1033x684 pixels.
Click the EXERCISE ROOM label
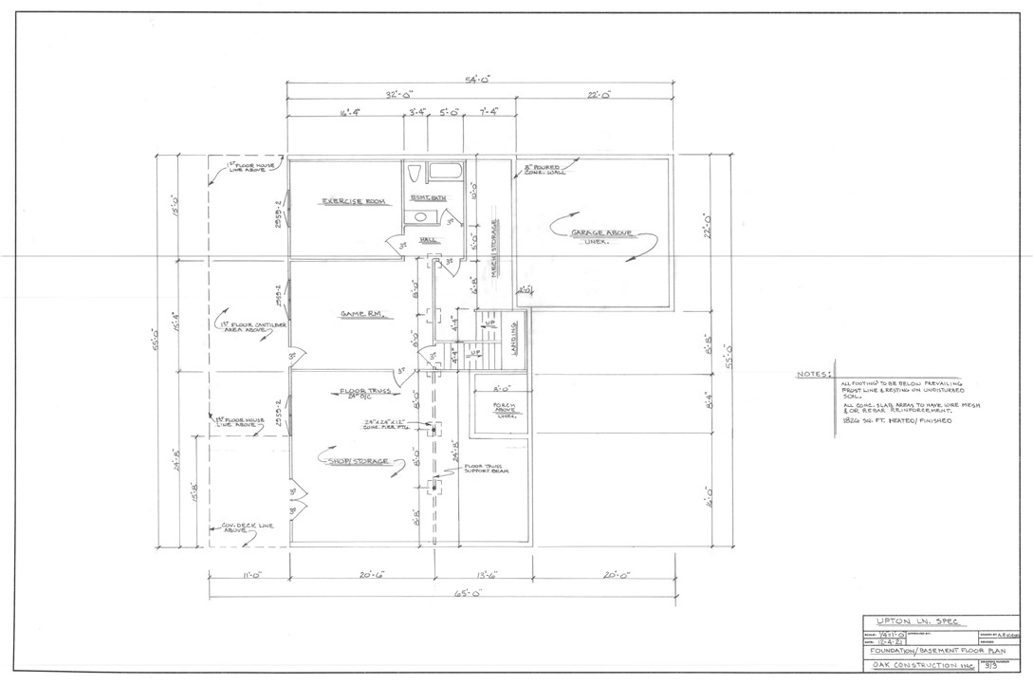coord(352,202)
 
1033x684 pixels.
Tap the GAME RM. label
coord(360,314)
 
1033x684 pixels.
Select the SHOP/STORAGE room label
coord(359,461)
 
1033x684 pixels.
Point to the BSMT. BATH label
coord(428,197)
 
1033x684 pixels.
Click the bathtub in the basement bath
coord(444,173)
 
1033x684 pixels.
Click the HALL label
coord(428,240)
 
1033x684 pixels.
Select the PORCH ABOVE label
coord(503,409)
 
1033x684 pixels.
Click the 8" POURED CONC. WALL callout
coord(543,172)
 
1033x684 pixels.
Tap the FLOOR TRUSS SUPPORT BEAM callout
coord(487,468)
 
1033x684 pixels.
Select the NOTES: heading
coord(813,374)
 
